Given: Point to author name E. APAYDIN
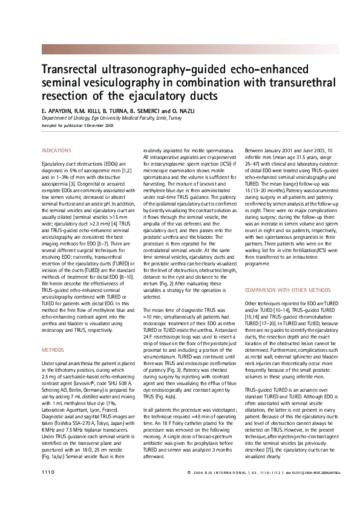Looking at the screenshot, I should tap(56, 112).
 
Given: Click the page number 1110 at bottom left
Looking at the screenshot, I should tap(48, 487).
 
